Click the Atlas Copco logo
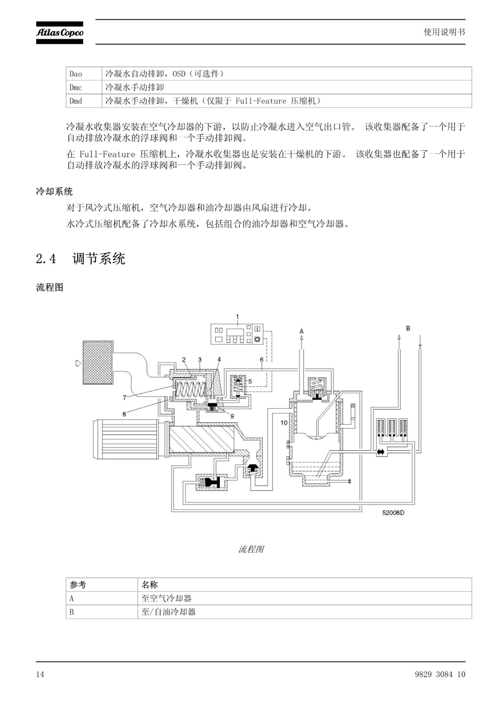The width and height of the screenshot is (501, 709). click(x=59, y=33)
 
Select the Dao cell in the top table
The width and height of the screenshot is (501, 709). click(x=76, y=74)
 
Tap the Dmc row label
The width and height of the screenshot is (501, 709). click(x=76, y=88)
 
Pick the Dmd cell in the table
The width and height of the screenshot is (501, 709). click(x=76, y=101)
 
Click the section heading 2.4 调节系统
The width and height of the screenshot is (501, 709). click(x=81, y=259)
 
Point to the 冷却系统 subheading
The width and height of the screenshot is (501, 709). click(x=54, y=191)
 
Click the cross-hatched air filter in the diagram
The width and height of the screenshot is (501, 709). click(x=98, y=363)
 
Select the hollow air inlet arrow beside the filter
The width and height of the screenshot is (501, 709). click(x=78, y=363)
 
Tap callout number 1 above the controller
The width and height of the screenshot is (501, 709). click(x=237, y=316)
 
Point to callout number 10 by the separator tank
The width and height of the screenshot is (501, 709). click(x=284, y=423)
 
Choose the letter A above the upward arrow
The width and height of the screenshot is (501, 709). click(x=302, y=331)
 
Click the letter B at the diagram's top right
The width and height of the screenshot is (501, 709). click(x=408, y=328)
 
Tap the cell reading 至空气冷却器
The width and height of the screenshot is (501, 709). click(x=167, y=598)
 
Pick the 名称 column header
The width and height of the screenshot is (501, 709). click(x=149, y=584)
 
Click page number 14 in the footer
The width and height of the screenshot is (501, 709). click(x=40, y=674)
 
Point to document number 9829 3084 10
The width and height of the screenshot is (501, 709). click(x=440, y=674)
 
